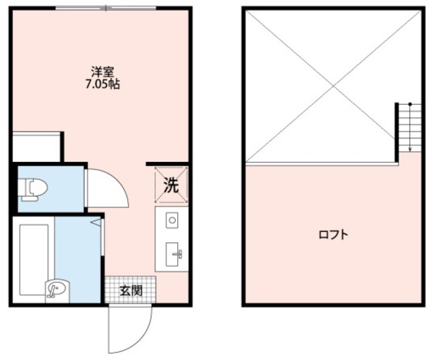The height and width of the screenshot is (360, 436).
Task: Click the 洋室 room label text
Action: (x=103, y=71)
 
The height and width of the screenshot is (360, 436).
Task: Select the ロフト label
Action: (x=333, y=235)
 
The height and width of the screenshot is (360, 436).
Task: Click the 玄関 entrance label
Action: (x=131, y=291)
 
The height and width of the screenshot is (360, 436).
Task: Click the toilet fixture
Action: (x=31, y=189)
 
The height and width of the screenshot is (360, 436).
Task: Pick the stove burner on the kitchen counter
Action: (x=172, y=220)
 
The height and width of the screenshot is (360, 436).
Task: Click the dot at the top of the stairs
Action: (x=410, y=103)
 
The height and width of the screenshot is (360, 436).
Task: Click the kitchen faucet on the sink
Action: (x=178, y=255)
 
